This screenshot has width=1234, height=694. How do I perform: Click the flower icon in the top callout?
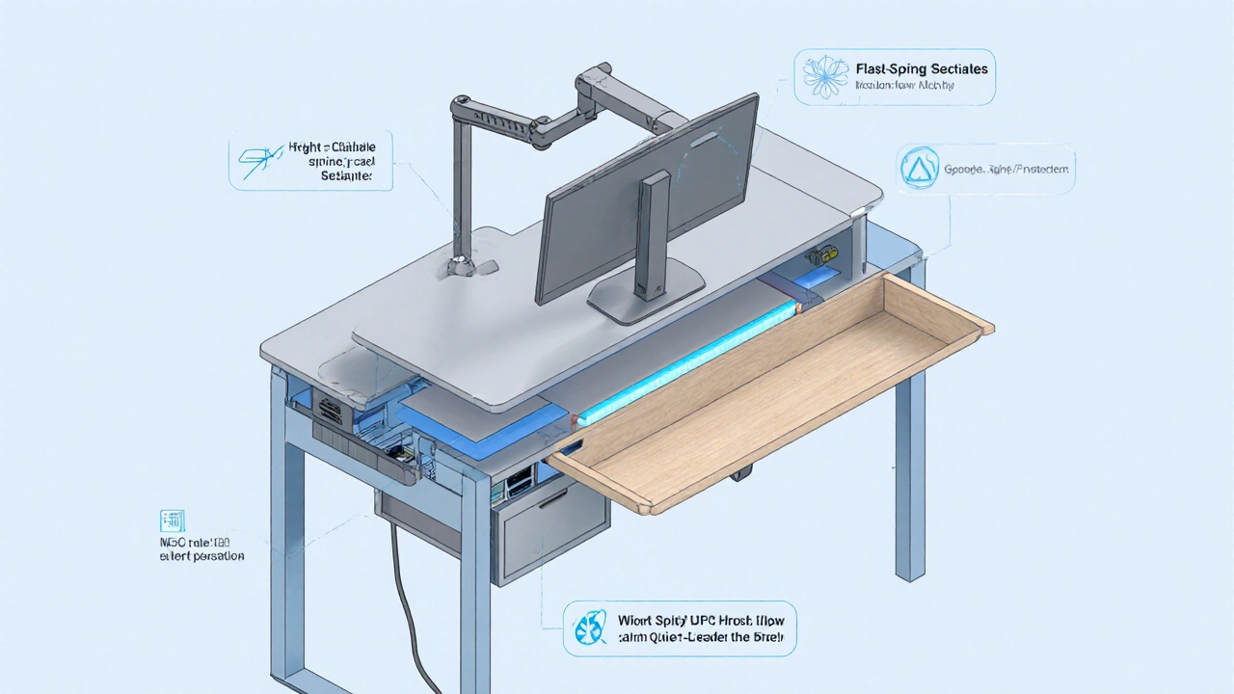(x=825, y=77)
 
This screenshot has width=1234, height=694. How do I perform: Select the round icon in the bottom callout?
(x=588, y=627)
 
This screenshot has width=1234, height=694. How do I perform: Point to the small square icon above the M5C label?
(x=175, y=521)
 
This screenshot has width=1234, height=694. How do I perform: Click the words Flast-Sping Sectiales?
(x=921, y=69)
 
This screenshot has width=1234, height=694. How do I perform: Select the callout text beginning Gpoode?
(x=1006, y=169)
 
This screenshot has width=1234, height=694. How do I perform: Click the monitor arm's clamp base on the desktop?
(x=466, y=266)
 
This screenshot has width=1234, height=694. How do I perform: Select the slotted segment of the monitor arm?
(x=500, y=120)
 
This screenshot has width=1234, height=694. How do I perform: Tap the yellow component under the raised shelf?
(x=821, y=256)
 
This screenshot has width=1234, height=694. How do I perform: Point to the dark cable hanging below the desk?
(x=404, y=598)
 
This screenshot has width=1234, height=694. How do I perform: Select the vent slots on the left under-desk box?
(x=327, y=411)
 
